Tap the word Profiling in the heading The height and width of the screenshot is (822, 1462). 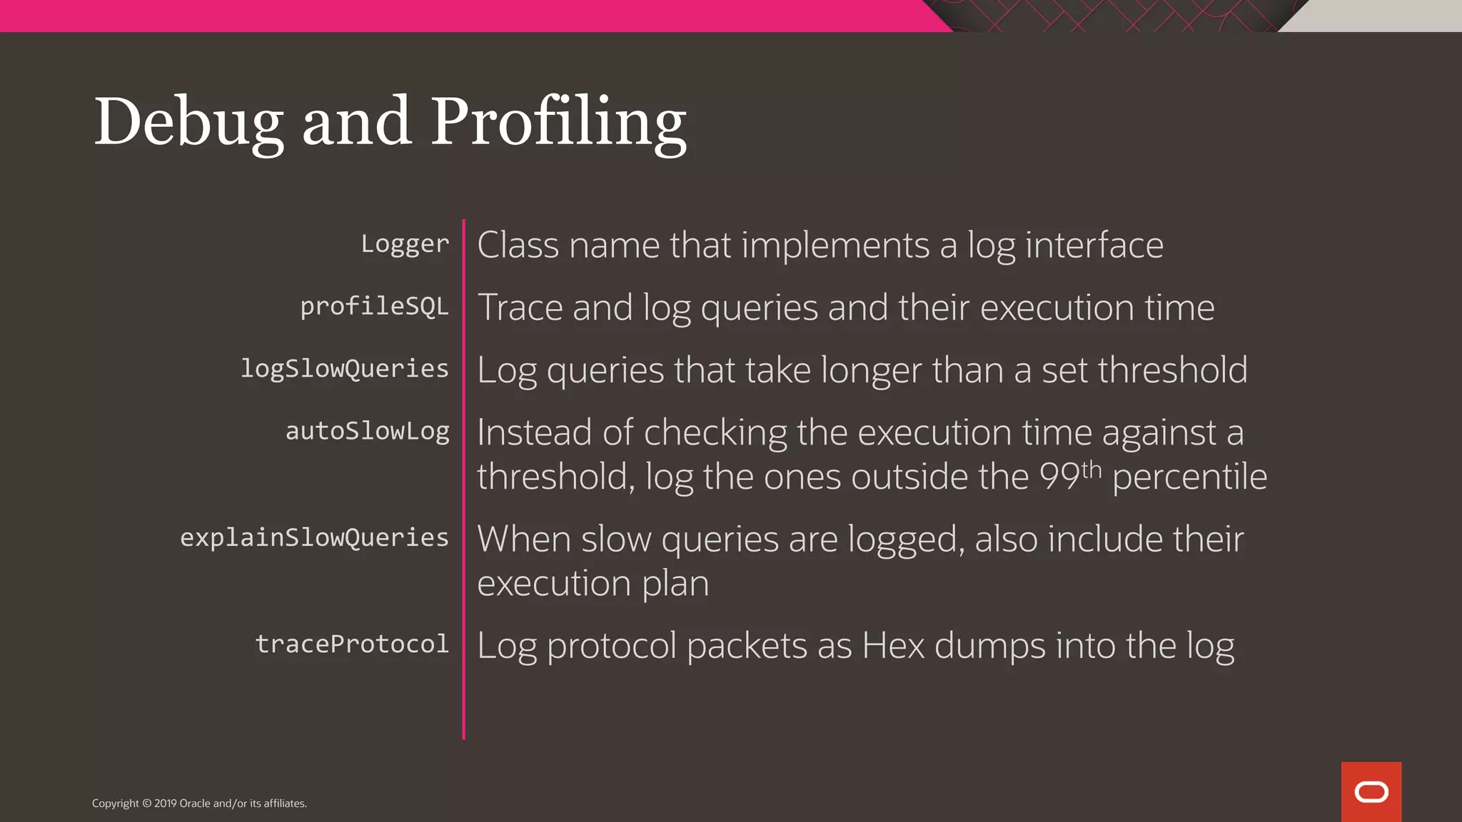(558, 123)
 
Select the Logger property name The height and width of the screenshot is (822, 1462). (405, 244)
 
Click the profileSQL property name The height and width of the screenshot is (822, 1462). (374, 307)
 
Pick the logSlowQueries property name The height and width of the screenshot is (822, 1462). (345, 369)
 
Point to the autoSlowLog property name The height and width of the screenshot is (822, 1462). (368, 431)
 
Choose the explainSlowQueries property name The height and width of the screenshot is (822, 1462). (314, 537)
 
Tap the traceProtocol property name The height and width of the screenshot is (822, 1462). (352, 644)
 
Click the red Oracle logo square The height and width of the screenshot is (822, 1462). (1371, 791)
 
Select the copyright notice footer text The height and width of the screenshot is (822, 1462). (199, 803)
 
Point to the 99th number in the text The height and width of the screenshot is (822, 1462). (1069, 476)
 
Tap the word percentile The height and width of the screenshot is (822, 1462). (1189, 477)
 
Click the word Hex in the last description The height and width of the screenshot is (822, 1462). (893, 645)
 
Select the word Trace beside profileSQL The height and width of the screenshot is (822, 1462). (520, 308)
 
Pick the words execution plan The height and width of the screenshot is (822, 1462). (593, 583)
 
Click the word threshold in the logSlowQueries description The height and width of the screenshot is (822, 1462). (1172, 370)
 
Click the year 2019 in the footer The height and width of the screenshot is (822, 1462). (165, 803)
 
